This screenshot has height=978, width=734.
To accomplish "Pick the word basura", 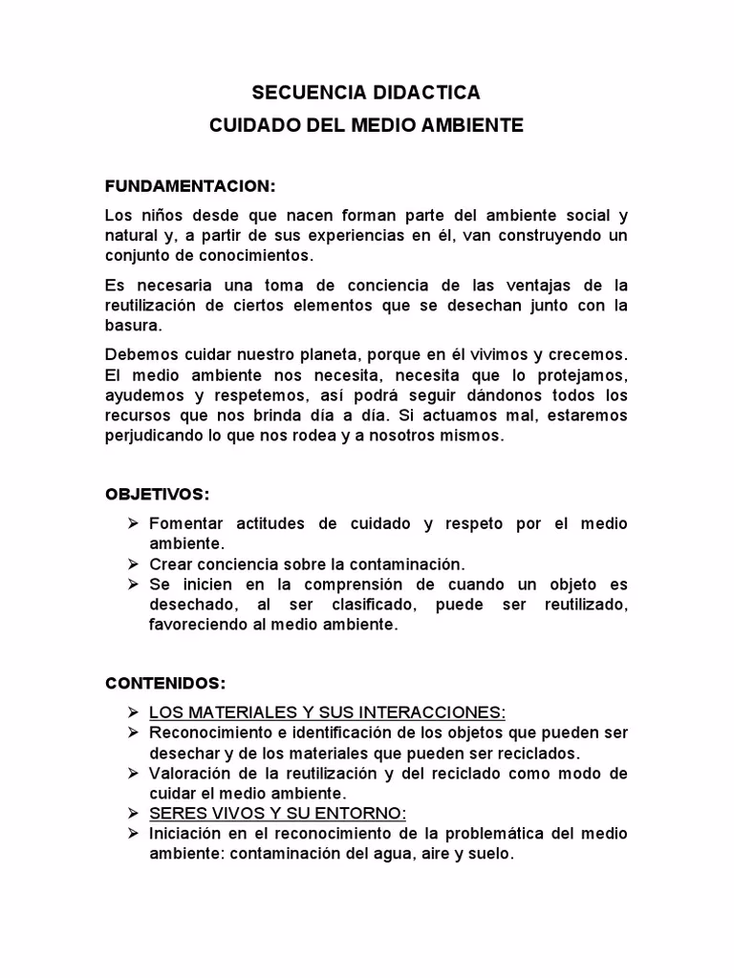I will pos(134,325).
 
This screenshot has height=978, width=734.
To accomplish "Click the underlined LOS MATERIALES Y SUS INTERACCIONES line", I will pos(327,712).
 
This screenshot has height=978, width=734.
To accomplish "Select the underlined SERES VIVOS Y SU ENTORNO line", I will pos(277,814).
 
